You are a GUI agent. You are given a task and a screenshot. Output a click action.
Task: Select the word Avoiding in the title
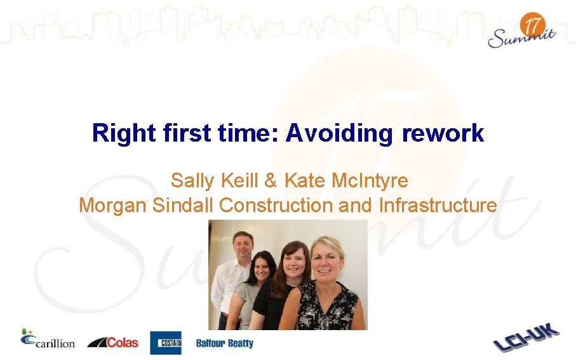[x=340, y=133]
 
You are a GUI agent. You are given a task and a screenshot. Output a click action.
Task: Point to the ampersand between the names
[x=271, y=181]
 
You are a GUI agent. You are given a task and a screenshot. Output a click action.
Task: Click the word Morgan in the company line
[x=113, y=205]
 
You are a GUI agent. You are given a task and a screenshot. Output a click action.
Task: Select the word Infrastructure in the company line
[x=438, y=205]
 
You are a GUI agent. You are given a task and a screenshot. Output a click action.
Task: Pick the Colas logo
[x=112, y=342]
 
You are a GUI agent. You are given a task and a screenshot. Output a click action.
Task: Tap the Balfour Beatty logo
[x=224, y=343]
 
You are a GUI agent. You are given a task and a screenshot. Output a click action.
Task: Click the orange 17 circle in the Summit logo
[x=533, y=27]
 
